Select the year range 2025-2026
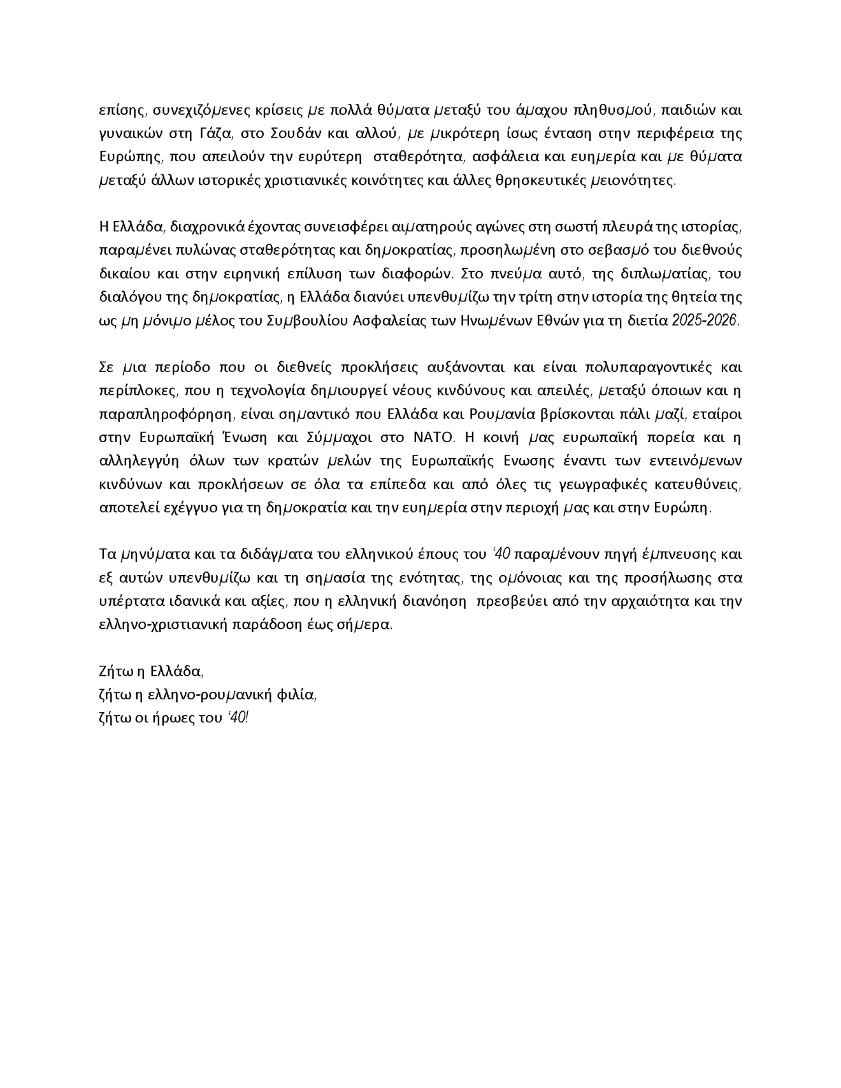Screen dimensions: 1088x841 (705, 321)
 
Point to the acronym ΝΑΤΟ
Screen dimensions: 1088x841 (435, 438)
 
